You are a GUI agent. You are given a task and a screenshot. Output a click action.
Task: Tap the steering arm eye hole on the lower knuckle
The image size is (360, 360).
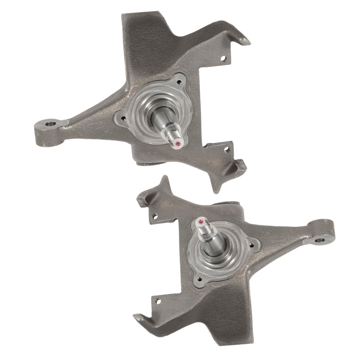point(320,239)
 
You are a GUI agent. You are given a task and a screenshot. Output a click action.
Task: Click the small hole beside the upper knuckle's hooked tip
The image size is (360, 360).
point(222,58)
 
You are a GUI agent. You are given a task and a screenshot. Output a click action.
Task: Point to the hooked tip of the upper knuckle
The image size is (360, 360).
point(245,41)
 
